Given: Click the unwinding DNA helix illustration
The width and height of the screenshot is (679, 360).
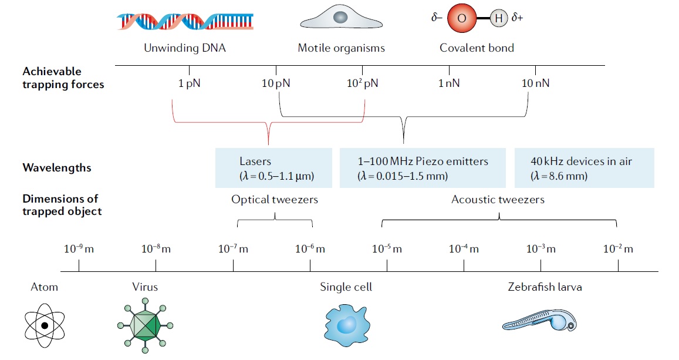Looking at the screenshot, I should click(x=185, y=22).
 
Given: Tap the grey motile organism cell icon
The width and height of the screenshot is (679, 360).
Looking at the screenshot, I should click(x=340, y=19).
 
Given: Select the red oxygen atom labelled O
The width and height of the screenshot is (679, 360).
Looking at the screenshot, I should click(x=461, y=19).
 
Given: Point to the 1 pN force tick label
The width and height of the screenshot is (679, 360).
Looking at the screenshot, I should click(x=189, y=83).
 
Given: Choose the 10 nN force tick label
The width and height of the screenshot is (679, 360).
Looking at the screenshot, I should click(x=535, y=83).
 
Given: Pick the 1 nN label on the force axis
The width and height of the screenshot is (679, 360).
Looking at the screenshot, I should click(x=449, y=83).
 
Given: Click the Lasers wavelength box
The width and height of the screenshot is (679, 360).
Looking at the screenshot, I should click(x=275, y=168).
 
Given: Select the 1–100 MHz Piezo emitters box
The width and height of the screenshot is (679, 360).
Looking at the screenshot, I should click(x=423, y=168).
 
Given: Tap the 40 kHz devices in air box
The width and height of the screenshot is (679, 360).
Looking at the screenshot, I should click(x=584, y=168).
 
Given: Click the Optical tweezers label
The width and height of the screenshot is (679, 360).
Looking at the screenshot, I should click(x=275, y=200).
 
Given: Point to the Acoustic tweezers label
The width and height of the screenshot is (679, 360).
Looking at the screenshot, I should click(x=498, y=200).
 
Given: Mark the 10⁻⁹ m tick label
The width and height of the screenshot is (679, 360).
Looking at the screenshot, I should click(x=79, y=249).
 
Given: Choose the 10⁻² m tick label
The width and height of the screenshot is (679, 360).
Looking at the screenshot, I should click(x=618, y=249).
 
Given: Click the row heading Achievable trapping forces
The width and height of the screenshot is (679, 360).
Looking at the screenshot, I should click(x=63, y=78).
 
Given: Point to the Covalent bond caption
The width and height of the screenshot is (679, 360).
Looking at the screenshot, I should click(x=477, y=48).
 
